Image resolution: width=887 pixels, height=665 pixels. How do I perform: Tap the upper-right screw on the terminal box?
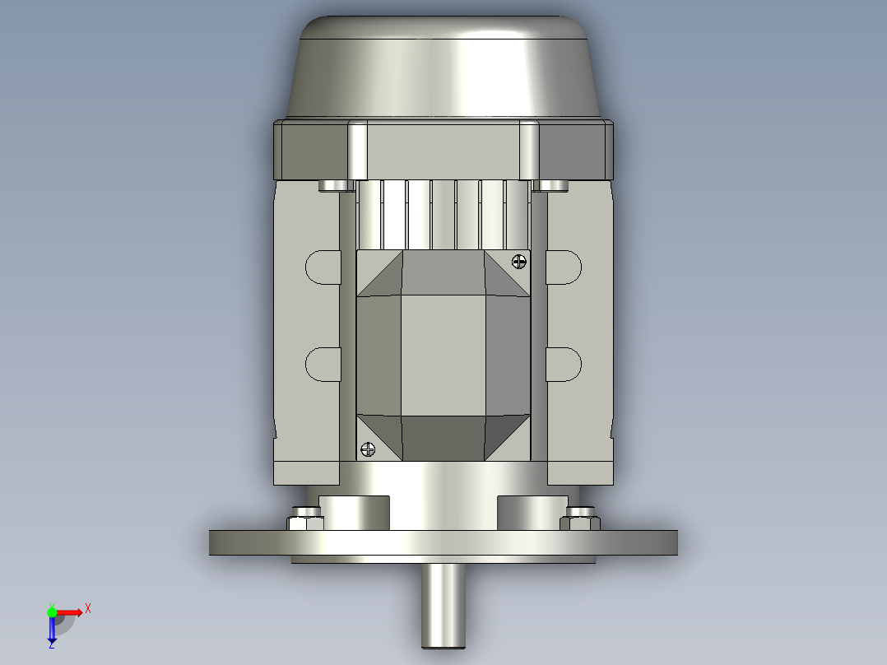[519, 262]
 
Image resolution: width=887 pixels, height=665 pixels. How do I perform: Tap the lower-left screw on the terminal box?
[367, 449]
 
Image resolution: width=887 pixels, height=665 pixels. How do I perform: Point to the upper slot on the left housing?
[323, 267]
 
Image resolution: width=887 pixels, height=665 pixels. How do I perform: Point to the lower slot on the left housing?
[323, 364]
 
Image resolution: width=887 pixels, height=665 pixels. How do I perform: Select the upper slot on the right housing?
[564, 267]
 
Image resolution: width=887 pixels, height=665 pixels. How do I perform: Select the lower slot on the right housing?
[564, 364]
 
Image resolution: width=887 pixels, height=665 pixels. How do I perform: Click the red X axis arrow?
[72, 612]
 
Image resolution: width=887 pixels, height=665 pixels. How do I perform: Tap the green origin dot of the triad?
[52, 612]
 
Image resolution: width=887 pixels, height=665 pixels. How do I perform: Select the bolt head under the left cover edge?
[332, 185]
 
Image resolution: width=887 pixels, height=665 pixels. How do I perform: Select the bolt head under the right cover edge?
[552, 185]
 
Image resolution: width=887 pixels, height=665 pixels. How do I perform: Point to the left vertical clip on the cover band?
[358, 150]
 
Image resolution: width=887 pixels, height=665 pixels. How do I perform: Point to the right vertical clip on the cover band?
[528, 150]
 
